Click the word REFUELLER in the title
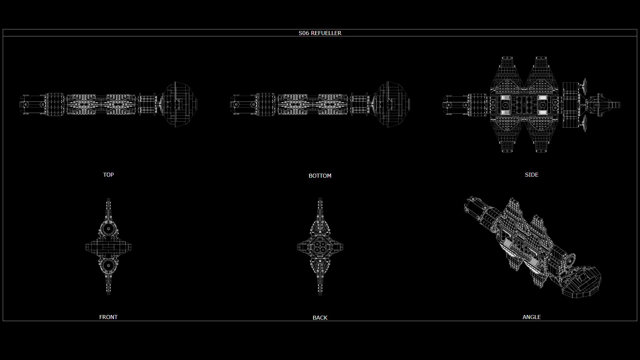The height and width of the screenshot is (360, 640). coord(326,33)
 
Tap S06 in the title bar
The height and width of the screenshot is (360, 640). coord(304,33)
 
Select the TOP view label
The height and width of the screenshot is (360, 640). coord(108,175)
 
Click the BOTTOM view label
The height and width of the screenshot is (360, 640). coord(320,176)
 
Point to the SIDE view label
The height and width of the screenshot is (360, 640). coord(532,175)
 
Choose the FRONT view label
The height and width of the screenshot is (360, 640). coord(108,317)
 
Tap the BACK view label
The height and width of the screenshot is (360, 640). coord(320,318)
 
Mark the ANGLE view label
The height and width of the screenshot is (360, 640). coord(532,317)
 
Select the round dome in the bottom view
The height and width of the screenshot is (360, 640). coord(392,104)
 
